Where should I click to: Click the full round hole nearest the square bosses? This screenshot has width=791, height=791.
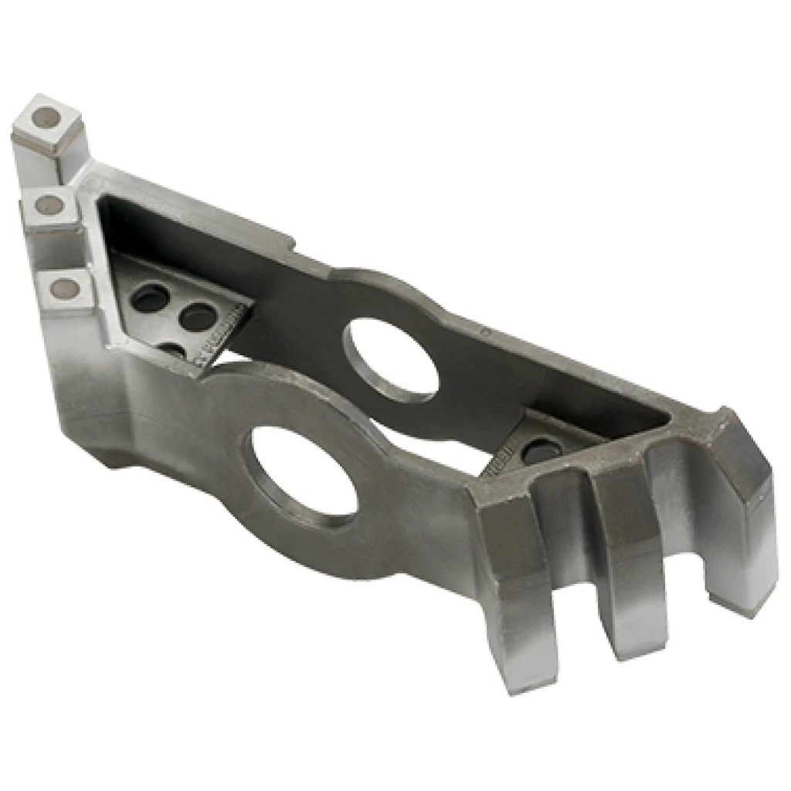tap(149, 297)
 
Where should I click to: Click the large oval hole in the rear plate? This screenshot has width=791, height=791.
tap(390, 360)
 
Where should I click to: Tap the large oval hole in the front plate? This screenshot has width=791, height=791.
tap(304, 472)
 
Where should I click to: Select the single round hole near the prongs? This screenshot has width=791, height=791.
tap(541, 450)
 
